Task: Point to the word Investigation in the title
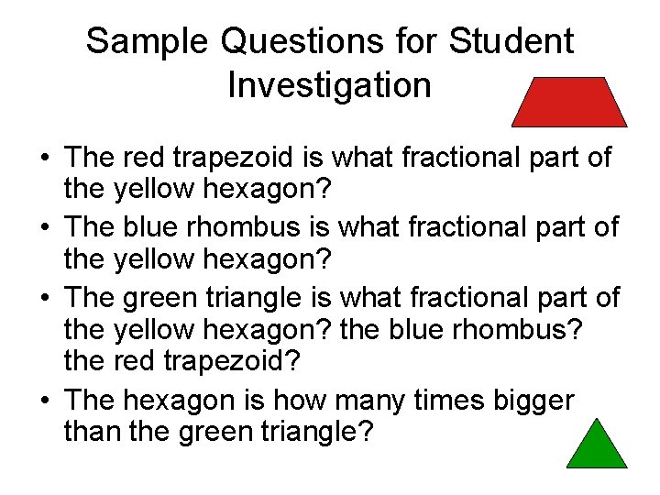coord(329,85)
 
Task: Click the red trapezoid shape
coord(569,102)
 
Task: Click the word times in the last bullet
coord(441,400)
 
